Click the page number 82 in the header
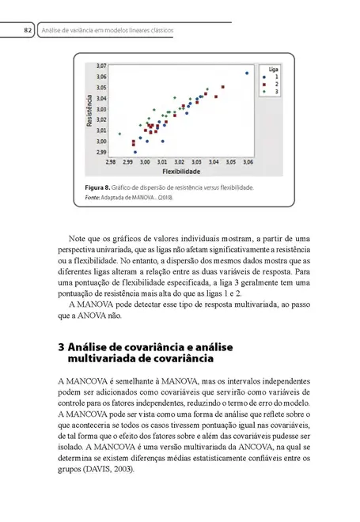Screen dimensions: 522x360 (x=26, y=30)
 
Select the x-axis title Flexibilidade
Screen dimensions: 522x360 (x=181, y=170)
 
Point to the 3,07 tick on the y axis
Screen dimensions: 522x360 (x=100, y=64)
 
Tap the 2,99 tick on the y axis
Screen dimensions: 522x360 (x=100, y=150)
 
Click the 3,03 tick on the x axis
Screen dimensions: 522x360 (x=195, y=161)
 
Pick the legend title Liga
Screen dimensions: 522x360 (x=271, y=70)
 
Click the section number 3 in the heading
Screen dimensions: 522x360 (x=63, y=346)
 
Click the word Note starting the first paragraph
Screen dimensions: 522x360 (x=78, y=236)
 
